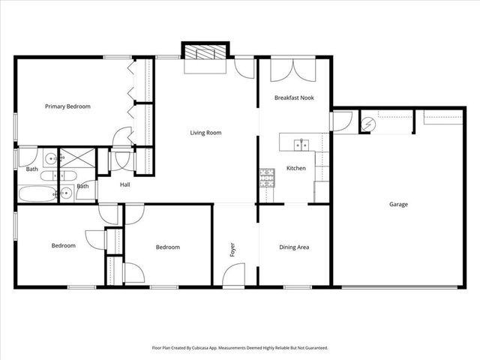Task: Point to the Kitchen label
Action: click(x=296, y=168)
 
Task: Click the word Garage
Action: click(x=398, y=204)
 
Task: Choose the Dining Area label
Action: click(x=294, y=247)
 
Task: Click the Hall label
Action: click(x=124, y=184)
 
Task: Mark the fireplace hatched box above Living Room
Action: click(x=205, y=53)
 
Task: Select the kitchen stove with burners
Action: click(x=267, y=176)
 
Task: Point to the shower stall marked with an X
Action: click(x=65, y=158)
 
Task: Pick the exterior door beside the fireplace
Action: click(x=243, y=68)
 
